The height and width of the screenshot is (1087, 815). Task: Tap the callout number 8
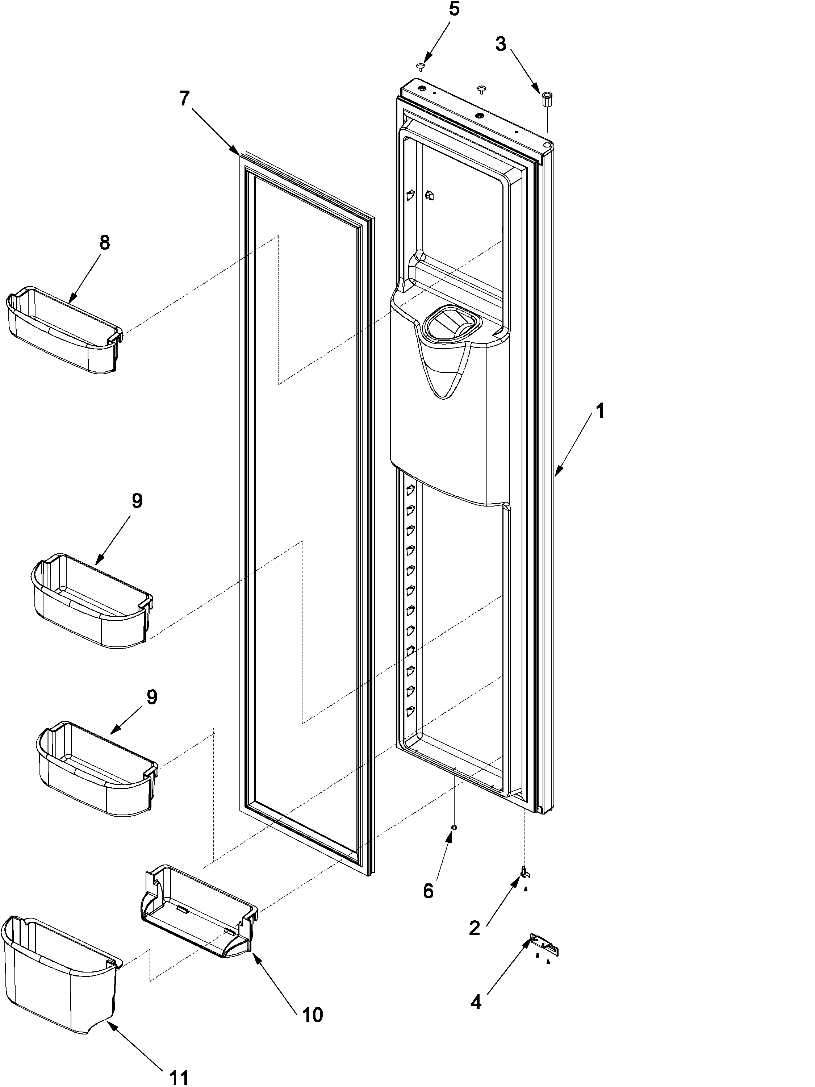pyautogui.click(x=105, y=243)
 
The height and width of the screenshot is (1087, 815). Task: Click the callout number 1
pyautogui.click(x=599, y=411)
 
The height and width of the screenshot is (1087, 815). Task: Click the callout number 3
pyautogui.click(x=501, y=44)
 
